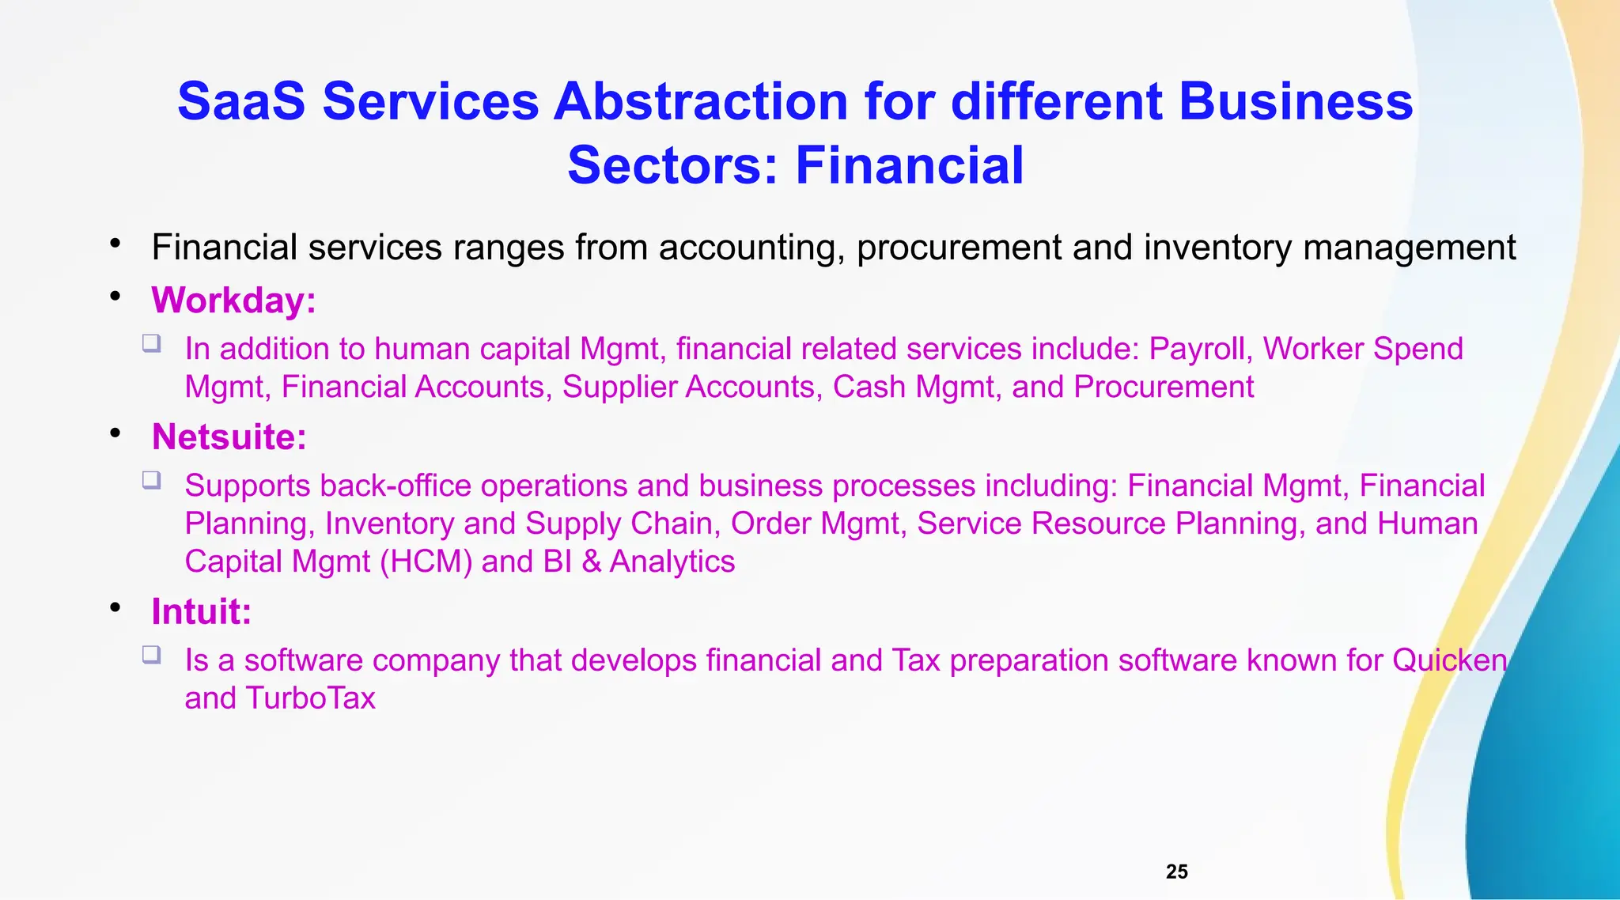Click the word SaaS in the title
[x=241, y=102]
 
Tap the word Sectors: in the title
[x=673, y=165]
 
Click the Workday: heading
[x=233, y=301]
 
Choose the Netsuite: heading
[x=229, y=437]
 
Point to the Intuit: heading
[x=201, y=611]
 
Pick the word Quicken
[x=1449, y=660]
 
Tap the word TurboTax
[x=310, y=698]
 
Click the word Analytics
[x=672, y=562]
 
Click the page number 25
[x=1176, y=872]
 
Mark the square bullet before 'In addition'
[x=152, y=343]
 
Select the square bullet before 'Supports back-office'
[x=152, y=480]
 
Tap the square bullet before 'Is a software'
[x=152, y=655]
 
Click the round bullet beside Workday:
[x=115, y=297]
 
